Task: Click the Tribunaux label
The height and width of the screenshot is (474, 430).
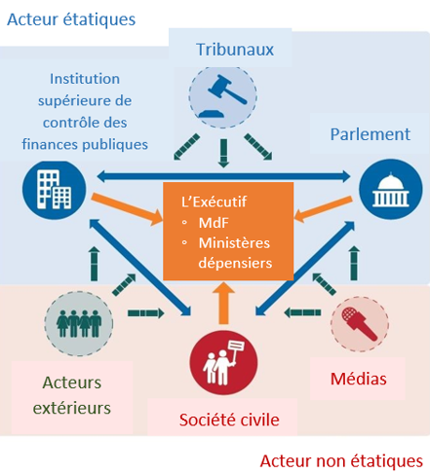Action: pos(235,50)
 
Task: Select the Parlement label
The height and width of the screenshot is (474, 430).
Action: pos(371,134)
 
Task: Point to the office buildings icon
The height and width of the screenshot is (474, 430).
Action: pos(54,190)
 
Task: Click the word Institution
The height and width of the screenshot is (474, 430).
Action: pos(85,79)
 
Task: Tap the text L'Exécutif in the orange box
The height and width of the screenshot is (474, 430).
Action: pos(214,201)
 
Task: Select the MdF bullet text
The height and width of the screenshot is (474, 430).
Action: pos(214,223)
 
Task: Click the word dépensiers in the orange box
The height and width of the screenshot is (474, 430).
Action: pos(235,263)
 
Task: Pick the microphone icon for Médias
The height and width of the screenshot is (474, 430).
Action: pos(360,323)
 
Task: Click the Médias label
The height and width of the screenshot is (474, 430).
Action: pos(359,379)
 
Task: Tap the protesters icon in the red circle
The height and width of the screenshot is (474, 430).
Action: pos(223,362)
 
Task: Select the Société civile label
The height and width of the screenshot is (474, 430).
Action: pos(229,419)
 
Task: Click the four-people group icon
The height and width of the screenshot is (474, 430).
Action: pos(79,323)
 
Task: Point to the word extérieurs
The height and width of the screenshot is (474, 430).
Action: pos(72,408)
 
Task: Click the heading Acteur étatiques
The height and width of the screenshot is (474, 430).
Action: pos(71,19)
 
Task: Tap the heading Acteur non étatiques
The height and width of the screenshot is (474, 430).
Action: pos(341,461)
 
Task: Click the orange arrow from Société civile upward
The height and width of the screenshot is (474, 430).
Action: pos(223,303)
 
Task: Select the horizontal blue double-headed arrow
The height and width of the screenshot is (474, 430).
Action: pos(223,176)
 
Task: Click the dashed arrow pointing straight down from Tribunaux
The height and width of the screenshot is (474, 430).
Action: pos(223,153)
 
